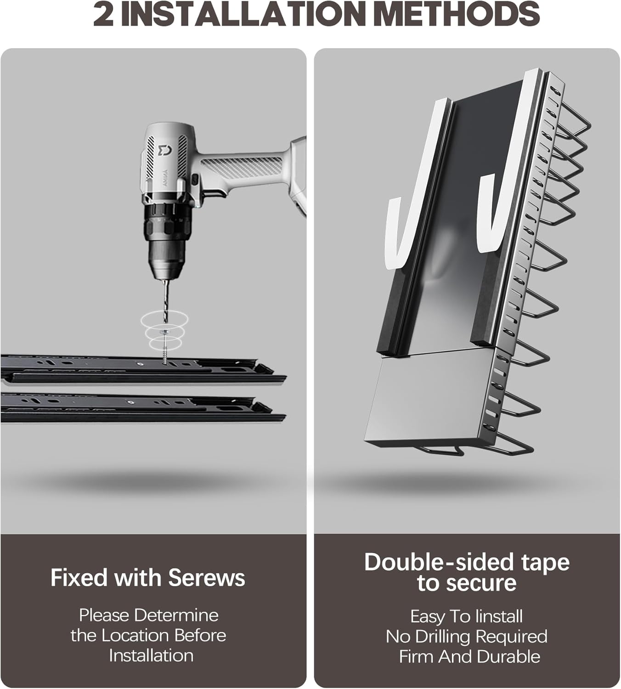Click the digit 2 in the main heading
[103, 14]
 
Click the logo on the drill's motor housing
[164, 150]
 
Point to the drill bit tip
[165, 322]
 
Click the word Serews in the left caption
[207, 578]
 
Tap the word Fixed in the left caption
[79, 578]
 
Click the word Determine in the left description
[176, 615]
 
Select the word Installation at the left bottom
[152, 655]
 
